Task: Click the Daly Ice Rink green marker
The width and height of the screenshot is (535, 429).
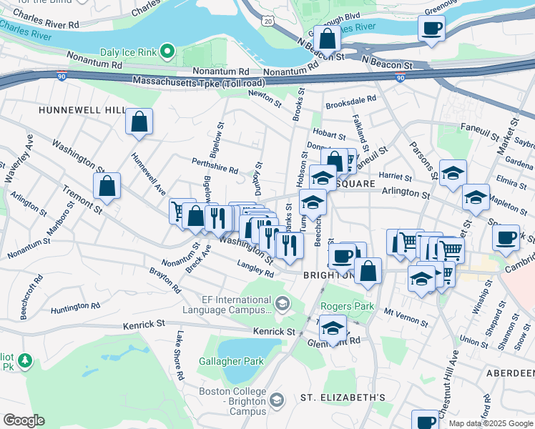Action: [x=167, y=51]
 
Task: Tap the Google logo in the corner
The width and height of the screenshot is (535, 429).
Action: [x=24, y=420]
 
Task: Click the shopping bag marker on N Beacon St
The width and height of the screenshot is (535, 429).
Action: [x=327, y=39]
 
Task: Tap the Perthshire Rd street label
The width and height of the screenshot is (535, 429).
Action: [x=214, y=165]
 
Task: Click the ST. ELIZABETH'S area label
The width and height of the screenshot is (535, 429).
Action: [x=343, y=398]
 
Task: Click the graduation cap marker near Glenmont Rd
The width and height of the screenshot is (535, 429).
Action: [x=333, y=329]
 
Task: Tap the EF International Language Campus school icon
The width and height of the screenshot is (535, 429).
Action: [x=283, y=305]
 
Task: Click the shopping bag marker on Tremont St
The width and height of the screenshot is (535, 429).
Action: [x=107, y=187]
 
